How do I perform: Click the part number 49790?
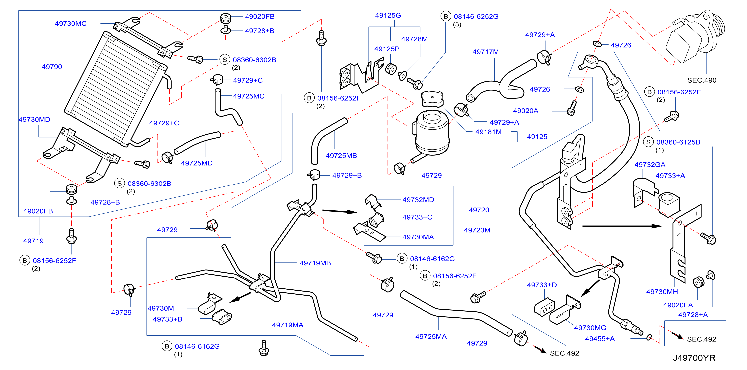click(52, 67)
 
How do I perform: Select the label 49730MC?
click(71, 23)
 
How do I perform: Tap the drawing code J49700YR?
click(694, 358)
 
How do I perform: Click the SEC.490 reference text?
click(702, 80)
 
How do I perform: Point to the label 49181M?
click(488, 132)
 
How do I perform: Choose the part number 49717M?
click(486, 52)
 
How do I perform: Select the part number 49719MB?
click(315, 263)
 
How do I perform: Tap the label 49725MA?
click(431, 336)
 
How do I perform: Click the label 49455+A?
click(600, 339)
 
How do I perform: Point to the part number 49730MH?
click(662, 292)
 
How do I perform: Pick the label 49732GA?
click(650, 165)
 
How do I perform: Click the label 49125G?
click(388, 15)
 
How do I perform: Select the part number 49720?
click(479, 210)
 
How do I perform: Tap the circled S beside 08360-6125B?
click(648, 142)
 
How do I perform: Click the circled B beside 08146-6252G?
click(446, 16)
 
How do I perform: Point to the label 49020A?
click(525, 111)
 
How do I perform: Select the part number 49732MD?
click(418, 200)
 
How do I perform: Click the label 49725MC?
click(249, 96)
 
